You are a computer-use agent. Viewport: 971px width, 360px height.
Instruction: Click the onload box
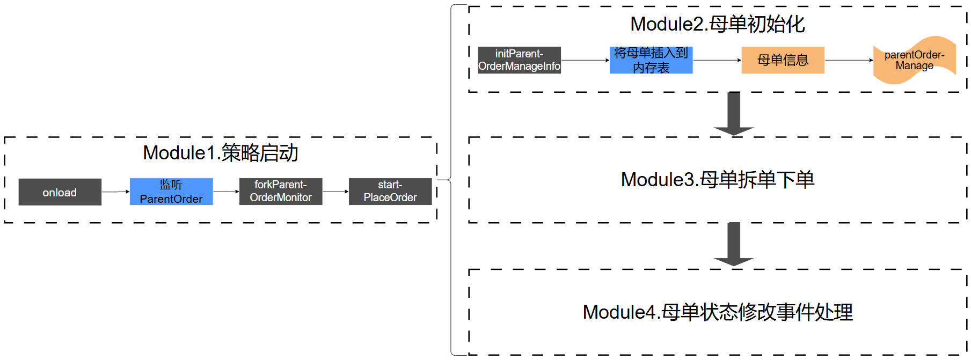(60, 192)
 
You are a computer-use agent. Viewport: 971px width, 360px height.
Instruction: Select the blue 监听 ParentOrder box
(171, 192)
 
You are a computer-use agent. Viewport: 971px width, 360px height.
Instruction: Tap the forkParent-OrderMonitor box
(281, 192)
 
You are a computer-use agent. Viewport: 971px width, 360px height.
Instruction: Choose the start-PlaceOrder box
(390, 192)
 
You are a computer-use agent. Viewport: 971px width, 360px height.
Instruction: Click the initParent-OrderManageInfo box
(520, 60)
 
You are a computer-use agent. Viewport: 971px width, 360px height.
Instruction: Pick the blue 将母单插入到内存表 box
(651, 60)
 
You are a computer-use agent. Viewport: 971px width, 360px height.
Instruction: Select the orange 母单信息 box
(783, 60)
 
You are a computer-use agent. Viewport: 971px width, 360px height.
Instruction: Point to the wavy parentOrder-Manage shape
(915, 60)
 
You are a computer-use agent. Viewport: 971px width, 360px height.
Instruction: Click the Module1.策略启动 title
(221, 153)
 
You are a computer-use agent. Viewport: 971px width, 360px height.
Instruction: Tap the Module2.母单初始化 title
(718, 24)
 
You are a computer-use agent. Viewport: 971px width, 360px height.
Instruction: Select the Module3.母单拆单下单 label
(718, 180)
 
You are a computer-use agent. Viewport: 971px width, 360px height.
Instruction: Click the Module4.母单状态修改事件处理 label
(718, 312)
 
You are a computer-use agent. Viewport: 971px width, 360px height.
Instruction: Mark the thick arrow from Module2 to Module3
(734, 114)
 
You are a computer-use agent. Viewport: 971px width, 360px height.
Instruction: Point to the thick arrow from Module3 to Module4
(734, 245)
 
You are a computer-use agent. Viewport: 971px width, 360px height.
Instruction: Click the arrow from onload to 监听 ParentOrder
(116, 192)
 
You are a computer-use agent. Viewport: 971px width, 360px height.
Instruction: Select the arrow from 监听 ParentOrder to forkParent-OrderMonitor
(227, 192)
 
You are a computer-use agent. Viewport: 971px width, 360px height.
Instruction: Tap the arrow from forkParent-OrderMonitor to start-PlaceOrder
(336, 192)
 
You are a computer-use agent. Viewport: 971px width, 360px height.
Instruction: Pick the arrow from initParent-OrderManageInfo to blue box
(586, 60)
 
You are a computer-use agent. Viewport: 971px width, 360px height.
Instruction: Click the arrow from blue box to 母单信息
(717, 60)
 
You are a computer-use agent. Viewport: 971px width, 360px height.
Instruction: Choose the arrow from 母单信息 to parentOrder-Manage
(849, 60)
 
